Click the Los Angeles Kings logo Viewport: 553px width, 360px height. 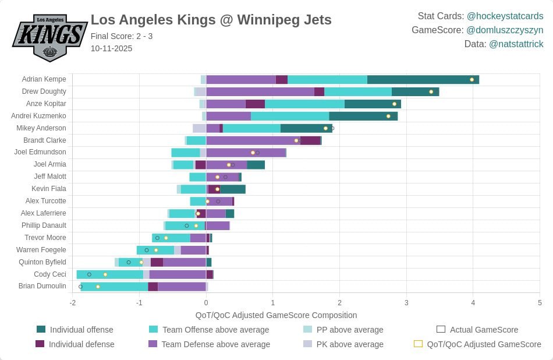(49, 38)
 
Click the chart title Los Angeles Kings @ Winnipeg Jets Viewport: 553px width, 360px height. (211, 20)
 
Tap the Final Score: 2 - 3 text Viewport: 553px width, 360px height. (122, 36)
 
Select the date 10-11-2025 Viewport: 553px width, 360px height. (111, 48)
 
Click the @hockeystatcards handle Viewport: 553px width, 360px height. (505, 16)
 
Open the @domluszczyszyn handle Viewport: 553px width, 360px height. (505, 30)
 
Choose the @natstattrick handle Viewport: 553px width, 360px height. (516, 44)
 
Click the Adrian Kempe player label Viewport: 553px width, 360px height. (44, 79)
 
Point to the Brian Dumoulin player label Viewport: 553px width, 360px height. (42, 286)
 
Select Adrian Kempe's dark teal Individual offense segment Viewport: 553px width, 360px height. (423, 79)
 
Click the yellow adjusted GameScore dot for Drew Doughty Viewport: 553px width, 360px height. (431, 92)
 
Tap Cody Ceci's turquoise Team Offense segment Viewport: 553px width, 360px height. (110, 274)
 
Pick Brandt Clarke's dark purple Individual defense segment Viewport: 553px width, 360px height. (310, 140)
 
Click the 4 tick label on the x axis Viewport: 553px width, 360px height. (473, 302)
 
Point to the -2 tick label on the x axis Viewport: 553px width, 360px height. (72, 302)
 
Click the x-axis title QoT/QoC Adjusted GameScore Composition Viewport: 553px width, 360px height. (276, 315)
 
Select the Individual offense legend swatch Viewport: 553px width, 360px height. (41, 329)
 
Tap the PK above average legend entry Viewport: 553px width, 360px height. (343, 344)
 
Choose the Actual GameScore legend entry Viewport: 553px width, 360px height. (477, 330)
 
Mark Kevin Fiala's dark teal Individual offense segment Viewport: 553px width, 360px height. (233, 189)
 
